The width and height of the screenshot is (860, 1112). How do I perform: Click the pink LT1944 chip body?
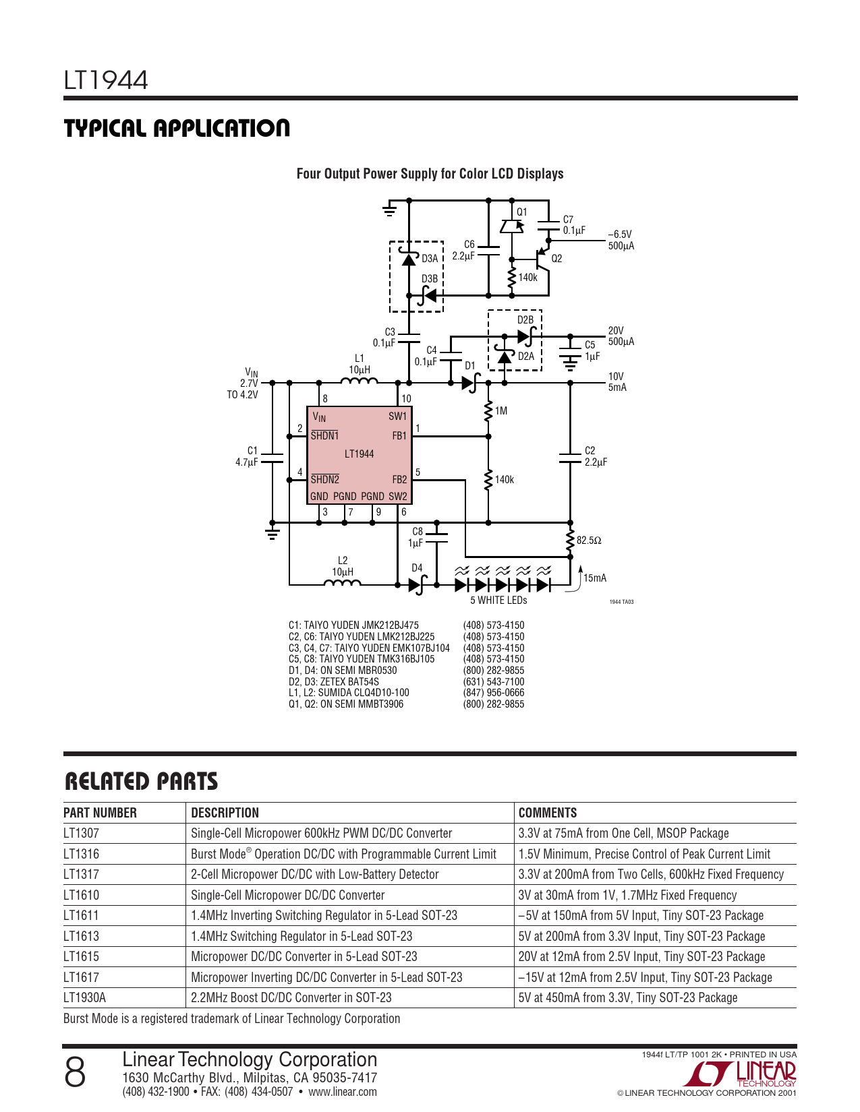coord(359,455)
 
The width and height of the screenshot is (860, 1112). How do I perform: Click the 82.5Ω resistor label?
coord(589,540)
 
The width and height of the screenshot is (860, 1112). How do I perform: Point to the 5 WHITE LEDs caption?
coord(498,600)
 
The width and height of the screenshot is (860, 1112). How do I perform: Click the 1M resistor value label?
coord(501,410)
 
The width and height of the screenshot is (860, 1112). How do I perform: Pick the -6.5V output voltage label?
coord(620,235)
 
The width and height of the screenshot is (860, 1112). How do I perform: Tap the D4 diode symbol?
coord(418,584)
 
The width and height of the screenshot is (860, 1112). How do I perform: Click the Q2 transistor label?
coord(556,258)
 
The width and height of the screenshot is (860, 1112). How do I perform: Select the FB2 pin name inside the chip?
coord(399,479)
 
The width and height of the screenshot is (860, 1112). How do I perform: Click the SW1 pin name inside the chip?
coord(397,416)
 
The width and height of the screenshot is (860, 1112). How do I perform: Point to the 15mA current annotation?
coord(595,578)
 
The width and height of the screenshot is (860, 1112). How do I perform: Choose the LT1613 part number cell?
coord(82,936)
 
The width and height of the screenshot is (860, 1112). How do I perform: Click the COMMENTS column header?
coord(548,813)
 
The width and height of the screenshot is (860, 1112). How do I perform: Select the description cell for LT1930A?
coord(291,997)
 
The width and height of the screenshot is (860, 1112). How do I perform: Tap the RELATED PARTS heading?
coord(141,781)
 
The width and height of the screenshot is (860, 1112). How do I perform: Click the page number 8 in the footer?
coord(75,1072)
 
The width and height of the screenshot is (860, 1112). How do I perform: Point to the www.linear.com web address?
coord(342,1092)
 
